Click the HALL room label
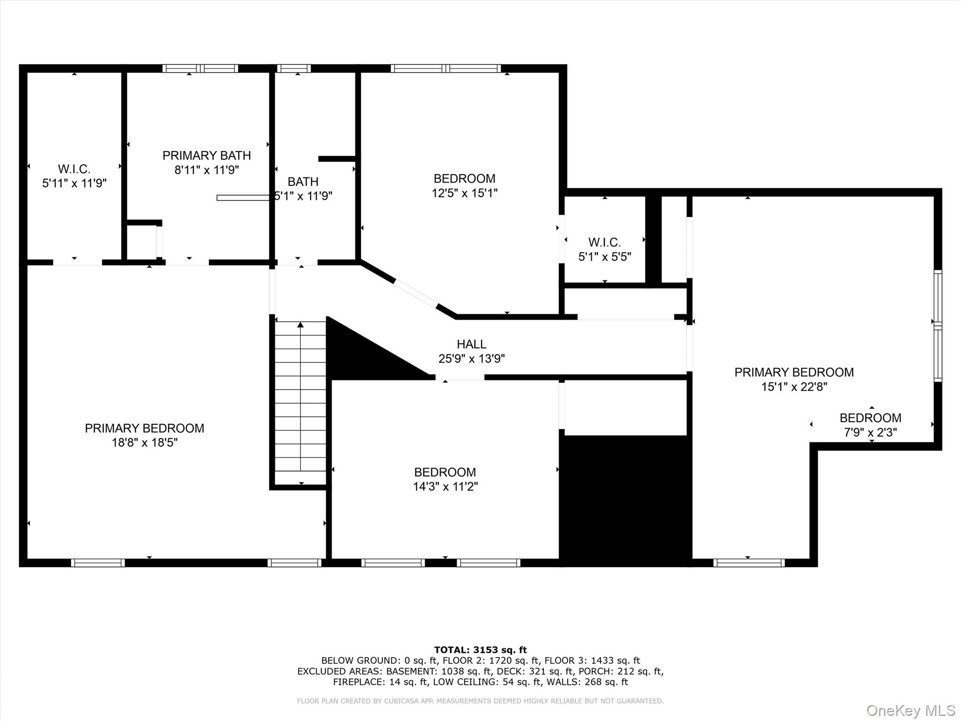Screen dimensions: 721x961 pos(471,344)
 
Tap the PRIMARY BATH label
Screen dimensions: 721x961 pos(206,155)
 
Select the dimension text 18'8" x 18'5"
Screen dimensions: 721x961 pos(145,443)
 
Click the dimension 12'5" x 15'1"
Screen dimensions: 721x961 pos(465,193)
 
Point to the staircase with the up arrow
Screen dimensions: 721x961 pos(300,399)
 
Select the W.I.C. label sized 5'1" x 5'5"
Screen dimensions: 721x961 pos(604,243)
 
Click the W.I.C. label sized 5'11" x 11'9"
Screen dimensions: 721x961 pos(74,169)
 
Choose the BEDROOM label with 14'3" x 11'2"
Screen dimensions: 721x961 pos(445,472)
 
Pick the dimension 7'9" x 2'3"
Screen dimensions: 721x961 pos(870,432)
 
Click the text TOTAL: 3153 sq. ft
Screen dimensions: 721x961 pos(480,650)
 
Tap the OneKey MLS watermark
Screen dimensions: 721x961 pos(910,710)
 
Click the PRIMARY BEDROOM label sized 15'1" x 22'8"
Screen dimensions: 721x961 pos(794,372)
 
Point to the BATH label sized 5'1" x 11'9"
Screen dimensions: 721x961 pos(303,182)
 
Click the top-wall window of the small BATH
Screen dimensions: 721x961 pos(294,69)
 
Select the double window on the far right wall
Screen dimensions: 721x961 pos(937,326)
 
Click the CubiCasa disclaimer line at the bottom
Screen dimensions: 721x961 pos(480,701)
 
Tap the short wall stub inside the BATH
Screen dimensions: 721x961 pos(336,159)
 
